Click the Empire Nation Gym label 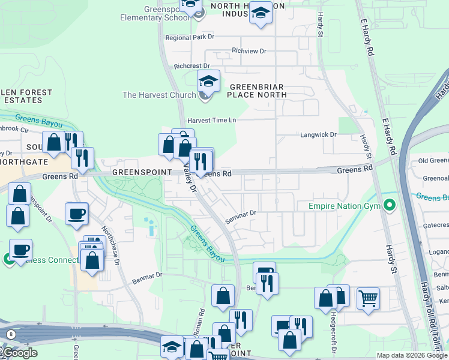[345, 206]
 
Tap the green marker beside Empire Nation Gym [390, 206]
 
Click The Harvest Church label [159, 95]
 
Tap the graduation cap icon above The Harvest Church [208, 80]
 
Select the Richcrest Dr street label [192, 66]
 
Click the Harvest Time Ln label [211, 121]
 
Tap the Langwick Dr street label [318, 135]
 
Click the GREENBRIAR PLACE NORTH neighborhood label [256, 91]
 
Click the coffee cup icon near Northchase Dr [76, 214]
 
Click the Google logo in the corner [19, 352]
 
